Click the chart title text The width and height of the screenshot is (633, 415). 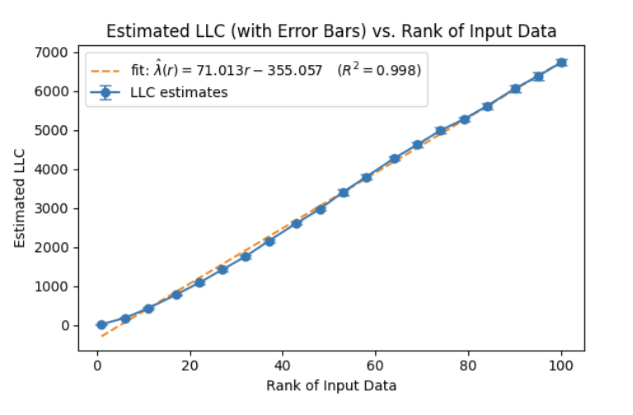point(332,31)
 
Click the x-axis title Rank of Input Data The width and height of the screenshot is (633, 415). point(331,385)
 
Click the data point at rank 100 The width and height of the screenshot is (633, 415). point(561,63)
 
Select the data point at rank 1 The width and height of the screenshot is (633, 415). point(101,325)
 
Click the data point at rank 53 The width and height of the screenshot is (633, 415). point(344,193)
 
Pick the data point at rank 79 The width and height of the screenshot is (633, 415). point(464,119)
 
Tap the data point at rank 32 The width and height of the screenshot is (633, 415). point(246,257)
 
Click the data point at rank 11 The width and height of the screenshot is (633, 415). point(148,309)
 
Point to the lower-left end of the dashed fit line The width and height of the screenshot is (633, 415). point(101,336)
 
